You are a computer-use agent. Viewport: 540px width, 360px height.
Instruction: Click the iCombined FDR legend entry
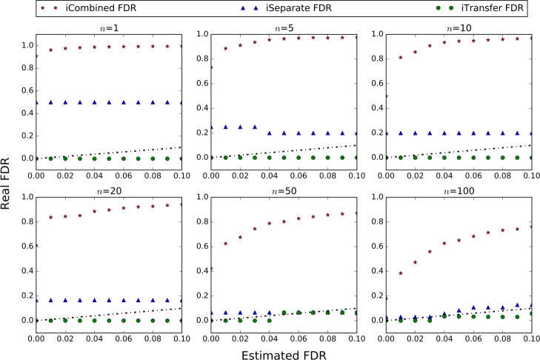81,9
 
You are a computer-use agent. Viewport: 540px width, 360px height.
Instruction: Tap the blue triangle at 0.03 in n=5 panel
255,127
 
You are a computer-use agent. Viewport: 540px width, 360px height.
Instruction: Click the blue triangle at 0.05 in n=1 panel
109,103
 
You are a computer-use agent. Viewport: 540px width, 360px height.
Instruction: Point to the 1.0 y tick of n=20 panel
27,197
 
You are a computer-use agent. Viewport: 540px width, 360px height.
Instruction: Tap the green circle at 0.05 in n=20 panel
109,320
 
